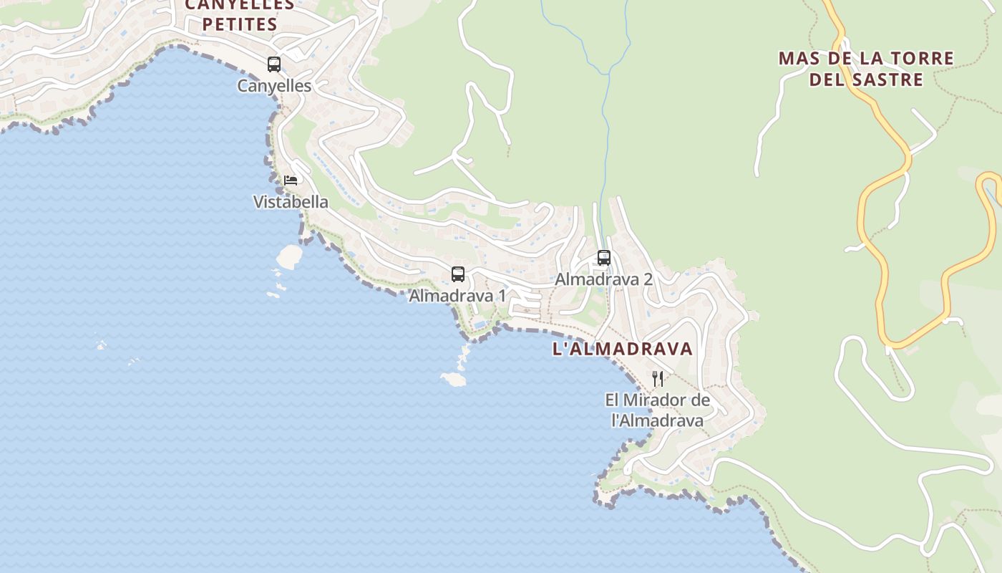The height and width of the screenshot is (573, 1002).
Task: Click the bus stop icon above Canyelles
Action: [x=274, y=64]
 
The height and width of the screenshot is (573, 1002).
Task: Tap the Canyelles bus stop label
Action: [x=274, y=86]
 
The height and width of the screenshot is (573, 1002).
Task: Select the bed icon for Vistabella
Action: [x=291, y=180]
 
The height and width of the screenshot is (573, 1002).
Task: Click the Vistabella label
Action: [x=291, y=202]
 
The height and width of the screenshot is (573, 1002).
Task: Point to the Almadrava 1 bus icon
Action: [x=458, y=274]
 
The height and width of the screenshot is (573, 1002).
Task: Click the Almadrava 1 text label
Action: [x=457, y=296]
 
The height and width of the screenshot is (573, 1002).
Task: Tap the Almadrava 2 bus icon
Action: [x=604, y=257]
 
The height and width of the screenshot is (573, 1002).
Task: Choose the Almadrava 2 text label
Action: [x=603, y=279]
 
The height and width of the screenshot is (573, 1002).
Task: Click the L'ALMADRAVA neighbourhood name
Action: [x=623, y=349]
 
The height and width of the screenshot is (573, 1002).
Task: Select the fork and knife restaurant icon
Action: [x=658, y=378]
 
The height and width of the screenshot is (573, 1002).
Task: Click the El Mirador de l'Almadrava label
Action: [x=658, y=410]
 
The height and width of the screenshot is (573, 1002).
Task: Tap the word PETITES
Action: [x=239, y=24]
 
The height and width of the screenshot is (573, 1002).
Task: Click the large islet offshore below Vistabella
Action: [x=289, y=256]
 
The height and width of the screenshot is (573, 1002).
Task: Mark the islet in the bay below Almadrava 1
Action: [x=454, y=379]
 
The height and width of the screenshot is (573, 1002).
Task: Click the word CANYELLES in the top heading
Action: [x=239, y=5]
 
